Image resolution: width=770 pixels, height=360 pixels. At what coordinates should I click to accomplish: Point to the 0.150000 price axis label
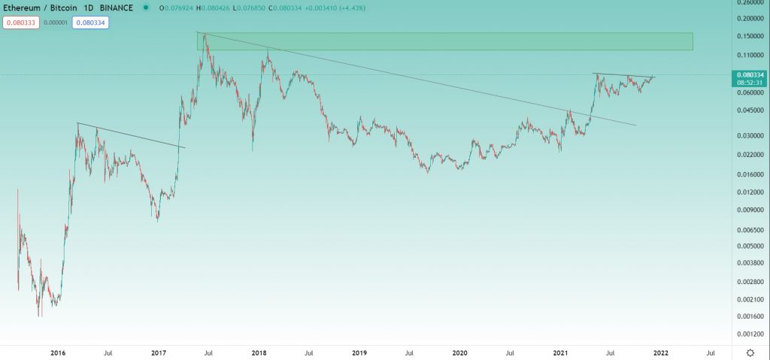click(x=749, y=36)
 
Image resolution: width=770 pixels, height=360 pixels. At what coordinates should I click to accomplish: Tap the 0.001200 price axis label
click(x=749, y=333)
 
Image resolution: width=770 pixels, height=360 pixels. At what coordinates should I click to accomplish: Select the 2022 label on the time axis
click(x=661, y=352)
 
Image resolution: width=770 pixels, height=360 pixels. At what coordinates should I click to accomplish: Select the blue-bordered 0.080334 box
click(x=90, y=23)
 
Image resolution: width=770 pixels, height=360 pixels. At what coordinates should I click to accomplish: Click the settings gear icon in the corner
click(x=750, y=352)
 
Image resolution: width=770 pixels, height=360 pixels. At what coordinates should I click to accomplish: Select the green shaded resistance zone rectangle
click(x=444, y=41)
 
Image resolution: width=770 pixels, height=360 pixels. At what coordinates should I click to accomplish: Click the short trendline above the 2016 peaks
click(x=131, y=135)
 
